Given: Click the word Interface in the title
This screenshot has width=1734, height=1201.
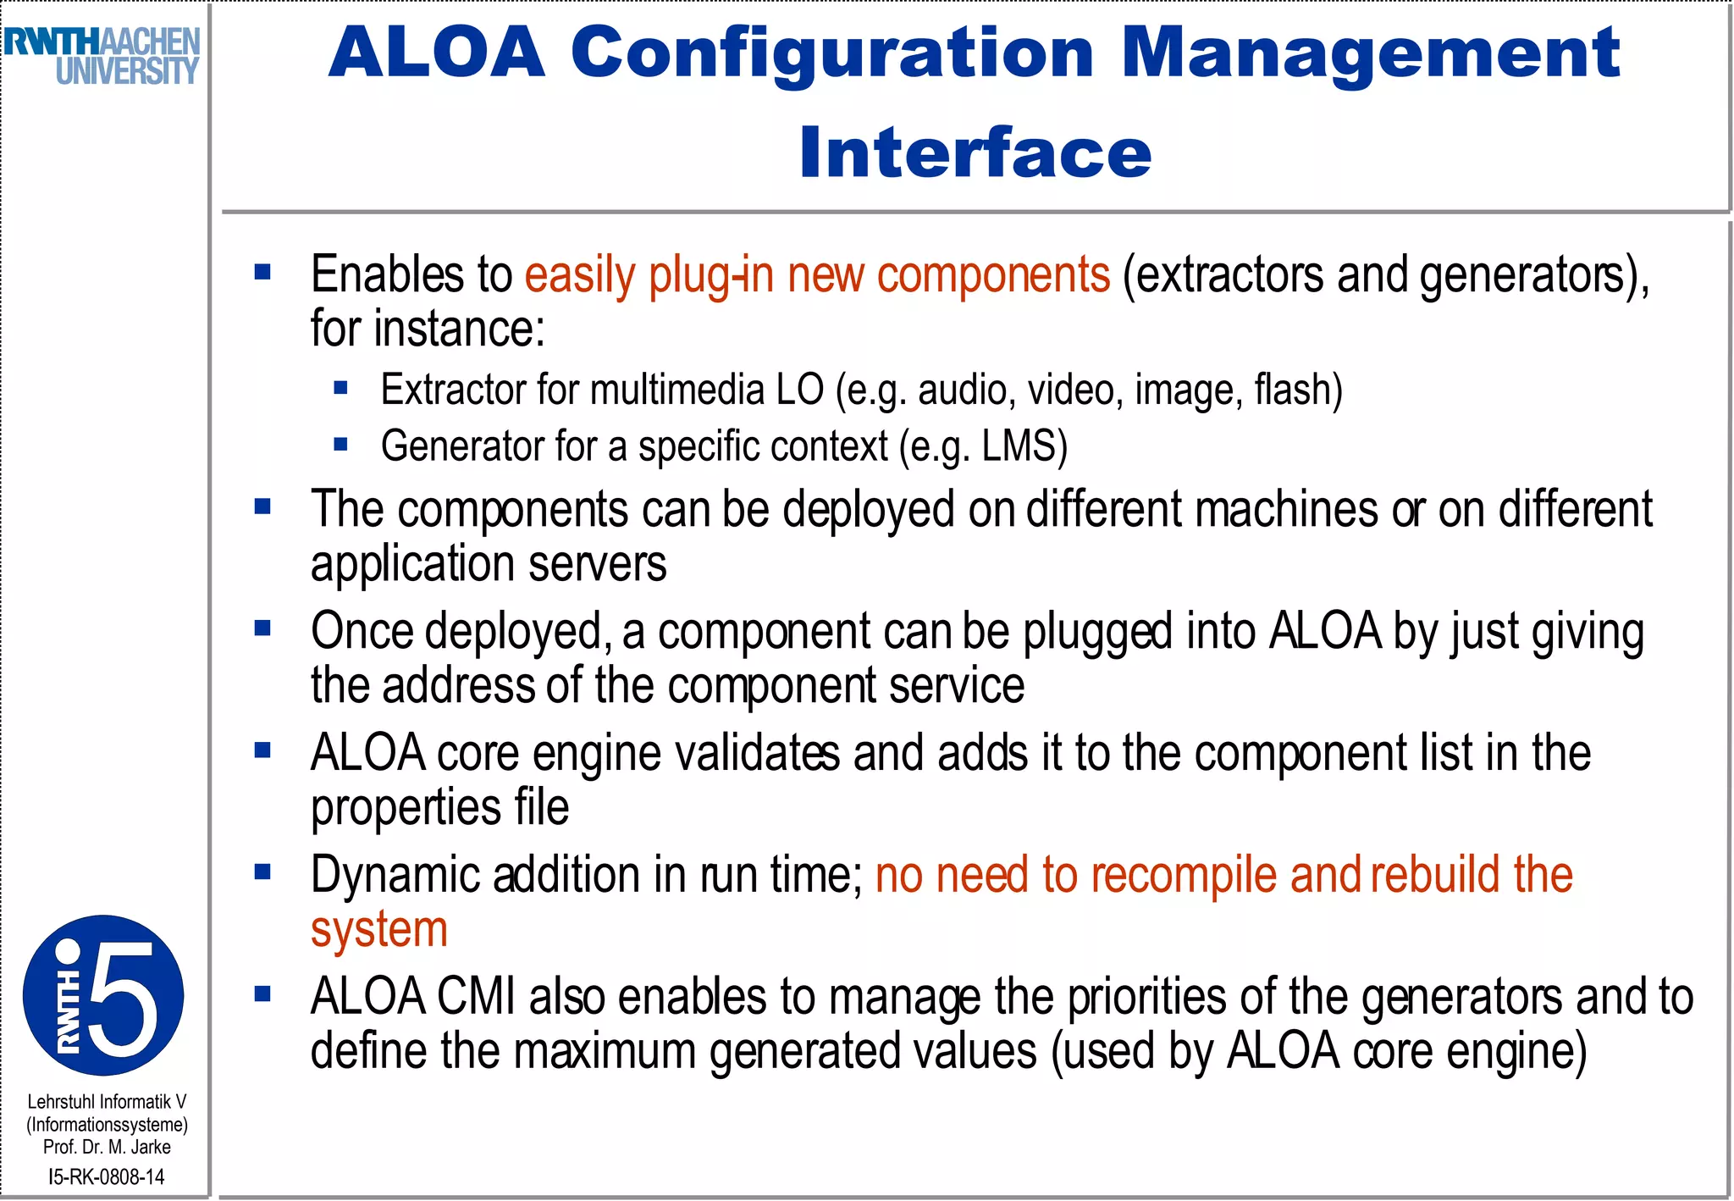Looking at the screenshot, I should pos(975,152).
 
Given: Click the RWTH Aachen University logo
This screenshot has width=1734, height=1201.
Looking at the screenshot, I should pos(102,56).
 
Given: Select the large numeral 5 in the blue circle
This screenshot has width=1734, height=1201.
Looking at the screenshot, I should pos(127,997).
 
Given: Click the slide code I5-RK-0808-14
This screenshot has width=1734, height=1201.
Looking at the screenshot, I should pos(107,1176).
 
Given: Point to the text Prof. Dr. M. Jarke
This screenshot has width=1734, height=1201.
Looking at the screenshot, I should pos(107,1147).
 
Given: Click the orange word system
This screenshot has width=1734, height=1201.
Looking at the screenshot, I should pos(378,930).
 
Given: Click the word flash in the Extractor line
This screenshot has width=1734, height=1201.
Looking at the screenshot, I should pos(1291,390).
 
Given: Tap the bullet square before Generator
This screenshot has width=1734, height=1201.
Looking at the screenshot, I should pos(341,444).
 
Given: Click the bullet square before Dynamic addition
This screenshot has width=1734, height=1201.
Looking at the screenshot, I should pos(262,872).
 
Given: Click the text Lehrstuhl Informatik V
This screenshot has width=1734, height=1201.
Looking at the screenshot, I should pos(107,1101).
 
